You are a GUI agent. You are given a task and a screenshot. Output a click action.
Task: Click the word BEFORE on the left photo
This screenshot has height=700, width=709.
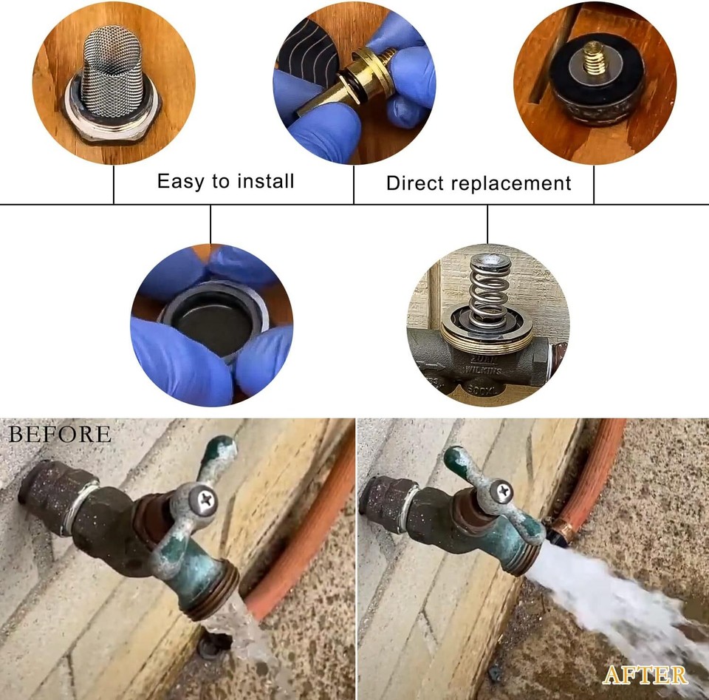[60, 434]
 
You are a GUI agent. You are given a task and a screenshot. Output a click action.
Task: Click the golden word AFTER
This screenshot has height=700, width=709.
[645, 674]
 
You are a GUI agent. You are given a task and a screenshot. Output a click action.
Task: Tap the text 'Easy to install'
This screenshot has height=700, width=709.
[225, 181]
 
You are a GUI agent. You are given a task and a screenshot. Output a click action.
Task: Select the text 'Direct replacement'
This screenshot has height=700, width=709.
[479, 183]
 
